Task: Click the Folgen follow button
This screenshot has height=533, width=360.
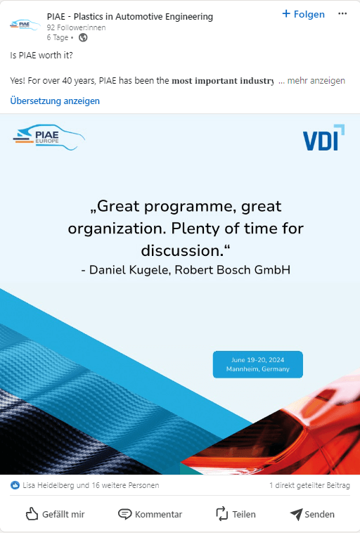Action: click(x=303, y=14)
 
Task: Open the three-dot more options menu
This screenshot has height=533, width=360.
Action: click(x=342, y=13)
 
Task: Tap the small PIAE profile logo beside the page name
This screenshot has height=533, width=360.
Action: click(x=25, y=25)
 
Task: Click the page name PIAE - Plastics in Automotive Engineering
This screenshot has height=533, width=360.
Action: click(x=130, y=16)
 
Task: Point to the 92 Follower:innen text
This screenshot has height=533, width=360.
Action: click(x=76, y=27)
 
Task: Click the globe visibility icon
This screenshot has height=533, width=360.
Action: click(x=83, y=37)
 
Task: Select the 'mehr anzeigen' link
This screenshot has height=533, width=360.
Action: click(x=316, y=81)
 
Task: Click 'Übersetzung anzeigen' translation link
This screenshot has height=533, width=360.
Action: click(x=55, y=101)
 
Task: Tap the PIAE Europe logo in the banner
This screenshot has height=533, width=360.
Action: click(x=49, y=137)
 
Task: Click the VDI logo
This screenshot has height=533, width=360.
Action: click(x=323, y=138)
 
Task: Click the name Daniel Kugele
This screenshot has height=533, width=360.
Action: click(x=129, y=270)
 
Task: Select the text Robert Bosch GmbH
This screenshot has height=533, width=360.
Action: click(x=233, y=270)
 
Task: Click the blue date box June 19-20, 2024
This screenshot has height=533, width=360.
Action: click(x=257, y=364)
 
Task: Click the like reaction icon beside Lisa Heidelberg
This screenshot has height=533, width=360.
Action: click(x=15, y=485)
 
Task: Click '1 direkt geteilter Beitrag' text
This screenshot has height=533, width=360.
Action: click(x=309, y=485)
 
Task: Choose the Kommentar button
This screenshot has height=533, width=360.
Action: click(x=150, y=514)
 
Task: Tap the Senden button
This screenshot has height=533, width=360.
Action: click(x=312, y=514)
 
